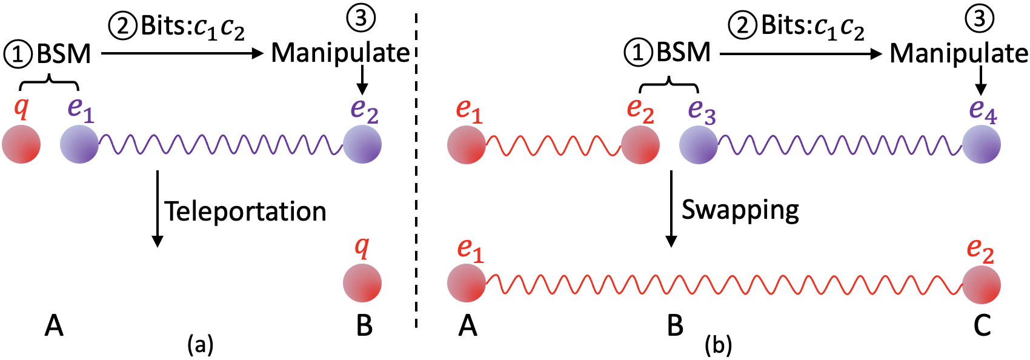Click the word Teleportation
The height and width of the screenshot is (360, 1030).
point(245,212)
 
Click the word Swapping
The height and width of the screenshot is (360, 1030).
point(740,210)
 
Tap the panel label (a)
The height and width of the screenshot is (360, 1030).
point(201,344)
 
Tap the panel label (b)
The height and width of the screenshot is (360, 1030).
point(719,345)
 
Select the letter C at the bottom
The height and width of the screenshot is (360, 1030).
point(982,326)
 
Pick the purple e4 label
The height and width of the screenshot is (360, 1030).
point(983,110)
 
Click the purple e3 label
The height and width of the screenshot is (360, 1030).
point(702,110)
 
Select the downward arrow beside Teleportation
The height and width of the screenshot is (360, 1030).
point(158,209)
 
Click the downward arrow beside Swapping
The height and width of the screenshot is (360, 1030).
point(671,209)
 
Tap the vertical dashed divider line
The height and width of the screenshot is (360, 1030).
point(416,182)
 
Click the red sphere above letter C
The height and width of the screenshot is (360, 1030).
point(982,284)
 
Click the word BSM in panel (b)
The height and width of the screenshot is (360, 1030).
point(683,53)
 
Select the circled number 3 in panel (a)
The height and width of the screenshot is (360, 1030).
point(361,18)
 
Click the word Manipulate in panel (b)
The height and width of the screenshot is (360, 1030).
point(959,53)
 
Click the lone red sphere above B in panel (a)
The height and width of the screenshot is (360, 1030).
point(362,283)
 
